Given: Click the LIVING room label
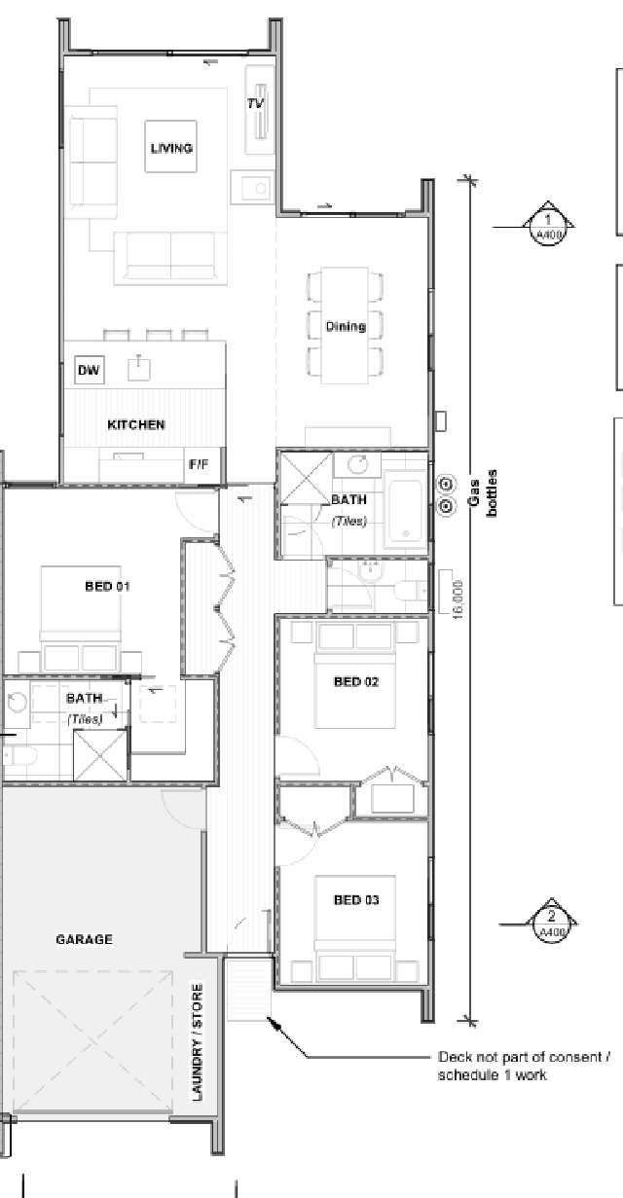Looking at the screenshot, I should coord(171,148).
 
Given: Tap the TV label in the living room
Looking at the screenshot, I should coord(255,103).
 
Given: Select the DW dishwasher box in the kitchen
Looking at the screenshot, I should coord(89,370).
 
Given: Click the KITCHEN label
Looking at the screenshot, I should coord(135,425).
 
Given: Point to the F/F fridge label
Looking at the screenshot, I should coord(198,465).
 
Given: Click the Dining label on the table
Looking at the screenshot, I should coord(346,327).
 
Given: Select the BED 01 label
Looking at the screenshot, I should coord(108,586).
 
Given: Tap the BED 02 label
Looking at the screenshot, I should coord(356,681).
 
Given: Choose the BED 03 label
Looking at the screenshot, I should coord(356,900).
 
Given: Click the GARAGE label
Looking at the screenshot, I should coord(84,939).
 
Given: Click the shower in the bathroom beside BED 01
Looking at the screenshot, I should coord(100,755).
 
